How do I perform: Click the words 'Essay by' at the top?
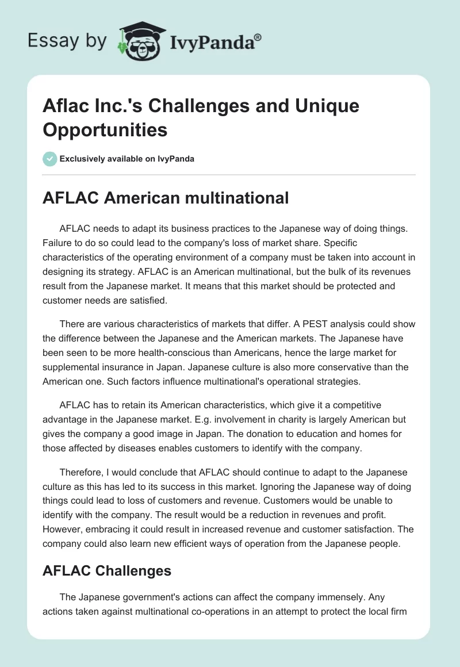click(67, 41)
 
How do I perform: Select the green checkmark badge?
click(50, 159)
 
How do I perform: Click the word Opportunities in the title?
click(105, 129)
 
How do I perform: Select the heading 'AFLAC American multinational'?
click(166, 198)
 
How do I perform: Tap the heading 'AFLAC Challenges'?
click(107, 570)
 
